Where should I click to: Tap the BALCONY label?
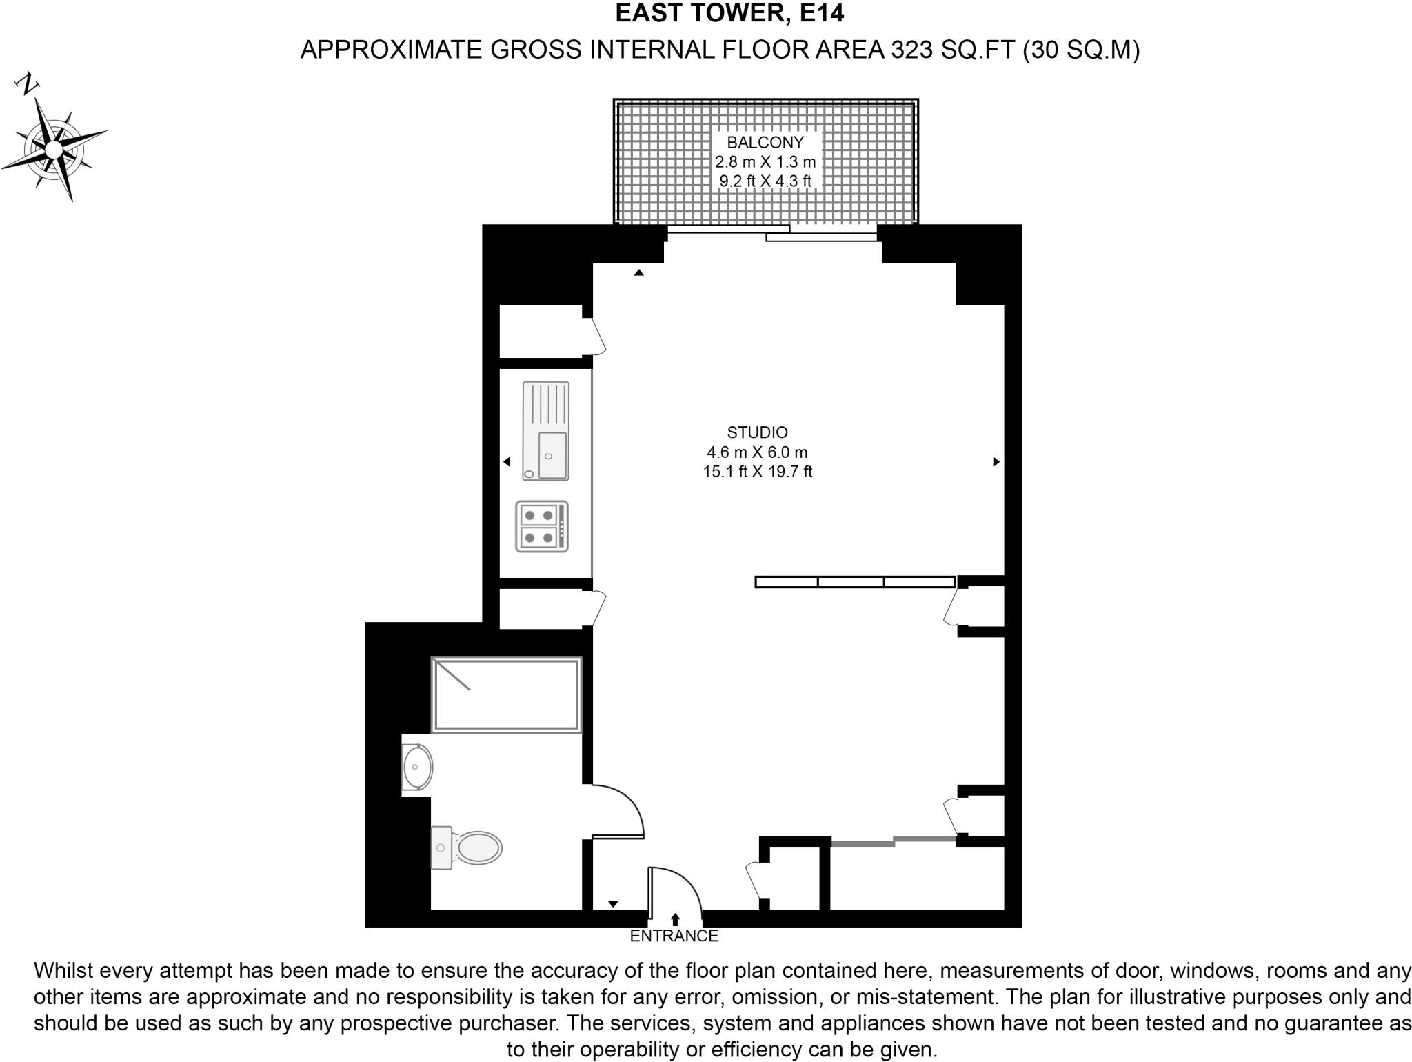coord(765,143)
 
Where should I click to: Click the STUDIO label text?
coord(757,432)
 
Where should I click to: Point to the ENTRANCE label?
coord(674,936)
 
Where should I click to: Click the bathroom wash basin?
coord(417,766)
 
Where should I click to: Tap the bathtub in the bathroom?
coord(506,694)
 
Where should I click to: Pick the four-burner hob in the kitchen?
coord(542,526)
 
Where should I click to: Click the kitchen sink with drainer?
coord(546,431)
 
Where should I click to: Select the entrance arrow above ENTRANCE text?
coord(675,919)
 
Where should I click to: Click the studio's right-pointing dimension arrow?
coord(996,462)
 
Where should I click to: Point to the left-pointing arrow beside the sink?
coord(507,462)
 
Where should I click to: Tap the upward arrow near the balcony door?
coord(639,273)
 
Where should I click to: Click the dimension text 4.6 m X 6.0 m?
coord(757,452)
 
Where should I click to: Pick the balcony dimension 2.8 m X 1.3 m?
coord(765,162)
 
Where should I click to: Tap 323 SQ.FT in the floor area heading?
coord(953,50)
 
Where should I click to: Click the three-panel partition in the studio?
coord(854,582)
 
